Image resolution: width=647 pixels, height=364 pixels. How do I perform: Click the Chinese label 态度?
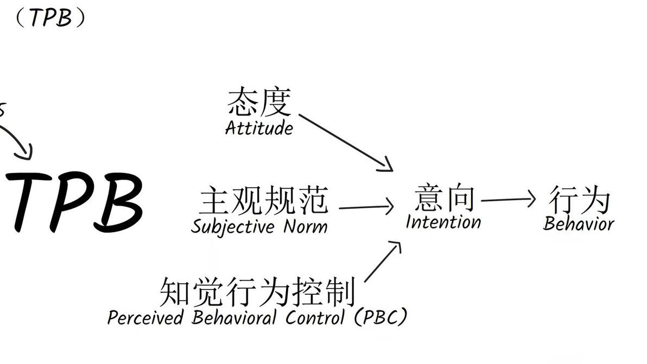259,103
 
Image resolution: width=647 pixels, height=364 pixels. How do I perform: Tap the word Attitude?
259,129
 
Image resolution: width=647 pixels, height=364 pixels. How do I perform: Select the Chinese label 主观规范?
264,200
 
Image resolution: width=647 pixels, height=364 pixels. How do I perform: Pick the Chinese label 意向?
444,198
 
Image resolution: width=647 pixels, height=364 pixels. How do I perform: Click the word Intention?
443,222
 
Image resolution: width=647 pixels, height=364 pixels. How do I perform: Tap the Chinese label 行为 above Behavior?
579,200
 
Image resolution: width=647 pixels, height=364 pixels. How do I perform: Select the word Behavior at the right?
579,223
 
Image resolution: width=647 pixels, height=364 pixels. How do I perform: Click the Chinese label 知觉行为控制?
257,292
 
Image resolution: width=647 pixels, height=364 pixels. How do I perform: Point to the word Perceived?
144,317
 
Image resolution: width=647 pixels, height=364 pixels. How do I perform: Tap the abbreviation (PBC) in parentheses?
380,317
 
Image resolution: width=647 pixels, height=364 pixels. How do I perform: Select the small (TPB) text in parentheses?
49,18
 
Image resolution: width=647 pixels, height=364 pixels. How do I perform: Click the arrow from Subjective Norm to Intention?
366,207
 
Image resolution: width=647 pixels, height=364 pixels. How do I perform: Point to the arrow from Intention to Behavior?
508,200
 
